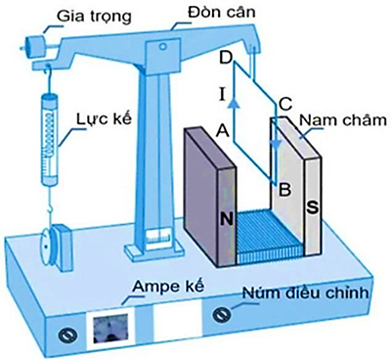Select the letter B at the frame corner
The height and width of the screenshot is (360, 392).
click(x=283, y=189)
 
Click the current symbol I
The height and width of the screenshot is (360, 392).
click(x=223, y=94)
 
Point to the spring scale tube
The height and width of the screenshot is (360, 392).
click(x=49, y=137)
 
